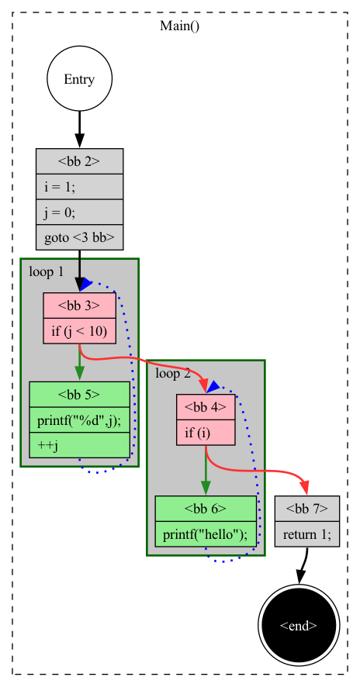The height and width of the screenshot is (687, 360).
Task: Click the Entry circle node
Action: click(x=79, y=78)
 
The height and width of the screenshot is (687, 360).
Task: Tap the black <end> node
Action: click(x=298, y=624)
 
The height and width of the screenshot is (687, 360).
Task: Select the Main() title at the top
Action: click(x=179, y=26)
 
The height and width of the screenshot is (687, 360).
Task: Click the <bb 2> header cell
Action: click(x=79, y=161)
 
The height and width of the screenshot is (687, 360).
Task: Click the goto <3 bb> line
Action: click(x=79, y=237)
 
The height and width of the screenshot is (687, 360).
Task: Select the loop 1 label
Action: click(x=46, y=271)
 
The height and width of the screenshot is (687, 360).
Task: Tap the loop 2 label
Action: click(x=173, y=373)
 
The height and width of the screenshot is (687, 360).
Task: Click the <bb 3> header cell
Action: click(x=79, y=306)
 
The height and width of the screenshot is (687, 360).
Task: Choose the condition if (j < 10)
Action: click(x=79, y=331)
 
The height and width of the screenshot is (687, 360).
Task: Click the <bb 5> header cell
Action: click(x=79, y=395)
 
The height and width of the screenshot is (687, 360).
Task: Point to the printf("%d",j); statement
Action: click(x=79, y=419)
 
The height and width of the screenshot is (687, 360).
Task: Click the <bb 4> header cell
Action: click(x=206, y=407)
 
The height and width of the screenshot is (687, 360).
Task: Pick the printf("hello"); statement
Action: click(x=206, y=534)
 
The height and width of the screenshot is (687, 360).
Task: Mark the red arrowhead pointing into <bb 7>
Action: click(x=305, y=488)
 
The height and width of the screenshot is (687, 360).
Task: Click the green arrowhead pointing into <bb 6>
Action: click(x=206, y=488)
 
